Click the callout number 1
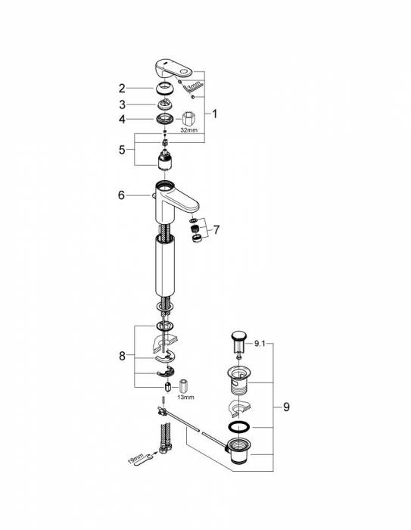215,114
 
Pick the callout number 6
120,195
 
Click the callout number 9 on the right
285,407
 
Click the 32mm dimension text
189,131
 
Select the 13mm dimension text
185,396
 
